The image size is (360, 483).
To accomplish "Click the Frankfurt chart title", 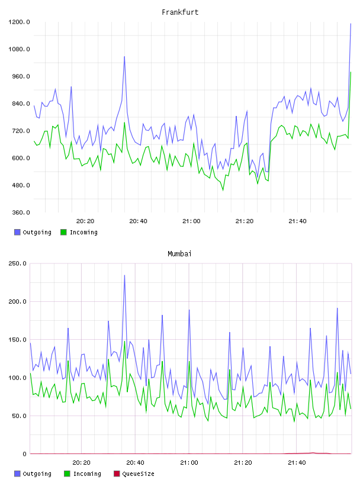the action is (x=180, y=12).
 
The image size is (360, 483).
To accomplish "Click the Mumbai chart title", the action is (x=179, y=254).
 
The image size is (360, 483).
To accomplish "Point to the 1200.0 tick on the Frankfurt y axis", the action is (x=19, y=22).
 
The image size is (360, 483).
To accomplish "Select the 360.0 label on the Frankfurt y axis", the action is (x=21, y=212).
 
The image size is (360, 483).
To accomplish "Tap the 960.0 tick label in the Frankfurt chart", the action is (x=21, y=76).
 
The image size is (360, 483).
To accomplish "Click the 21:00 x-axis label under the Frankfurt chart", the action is (x=191, y=221).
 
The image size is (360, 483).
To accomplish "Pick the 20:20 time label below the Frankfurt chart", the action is (x=85, y=221).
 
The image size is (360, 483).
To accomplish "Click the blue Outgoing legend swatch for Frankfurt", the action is (x=17, y=232).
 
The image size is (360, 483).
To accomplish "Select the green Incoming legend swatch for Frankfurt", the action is (x=63, y=232).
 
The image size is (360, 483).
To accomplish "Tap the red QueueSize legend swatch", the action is (x=117, y=474).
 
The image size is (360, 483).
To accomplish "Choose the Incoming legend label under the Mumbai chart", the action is (x=87, y=474).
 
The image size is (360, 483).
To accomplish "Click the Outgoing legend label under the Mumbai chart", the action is (x=37, y=474).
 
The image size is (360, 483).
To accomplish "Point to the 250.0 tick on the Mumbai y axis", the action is (x=17, y=263).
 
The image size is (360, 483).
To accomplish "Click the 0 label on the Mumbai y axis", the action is (x=25, y=454).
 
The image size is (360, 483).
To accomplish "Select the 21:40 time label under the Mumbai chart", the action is (x=297, y=463).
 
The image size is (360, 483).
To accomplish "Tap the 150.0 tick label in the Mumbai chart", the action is (x=17, y=340).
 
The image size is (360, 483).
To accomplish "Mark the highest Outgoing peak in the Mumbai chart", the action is (x=124, y=275).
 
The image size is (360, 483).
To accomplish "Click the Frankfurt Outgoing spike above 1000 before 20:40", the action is (x=124, y=57).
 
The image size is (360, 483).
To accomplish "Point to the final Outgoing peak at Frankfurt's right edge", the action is (x=351, y=24).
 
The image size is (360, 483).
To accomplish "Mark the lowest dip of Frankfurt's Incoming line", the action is (x=223, y=190).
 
